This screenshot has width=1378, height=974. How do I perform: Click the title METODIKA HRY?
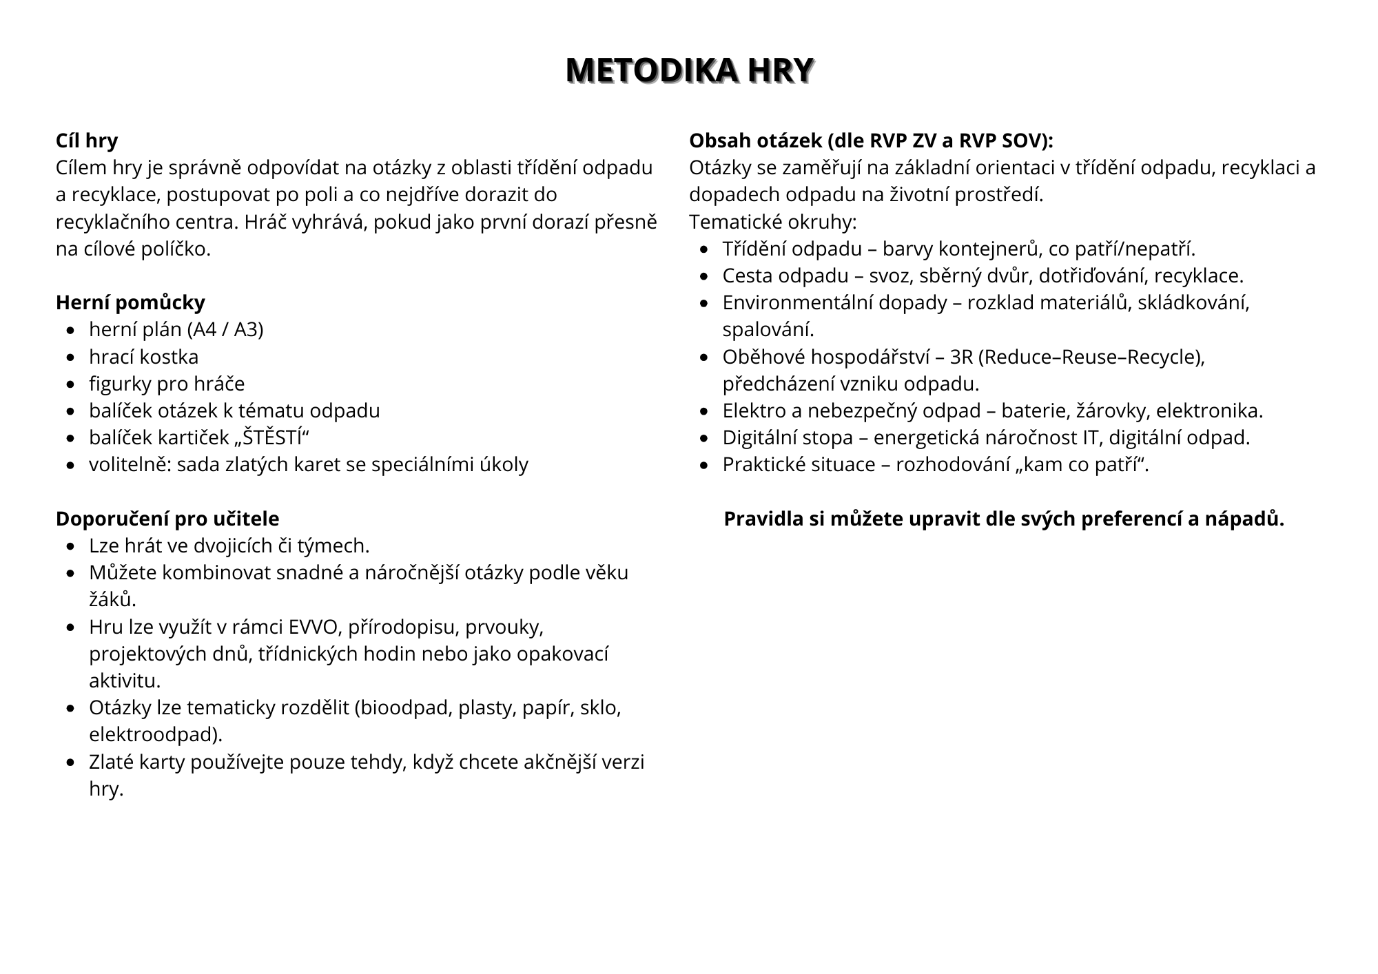[689, 71]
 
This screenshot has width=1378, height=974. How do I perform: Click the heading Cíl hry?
[87, 141]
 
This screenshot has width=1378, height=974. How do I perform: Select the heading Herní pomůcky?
[130, 302]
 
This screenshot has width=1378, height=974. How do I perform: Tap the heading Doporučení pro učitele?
[167, 519]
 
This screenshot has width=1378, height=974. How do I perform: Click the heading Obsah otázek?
[871, 141]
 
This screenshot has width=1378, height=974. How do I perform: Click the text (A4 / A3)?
[225, 329]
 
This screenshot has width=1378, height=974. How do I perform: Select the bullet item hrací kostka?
[143, 357]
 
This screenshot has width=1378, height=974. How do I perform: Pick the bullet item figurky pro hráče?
[167, 384]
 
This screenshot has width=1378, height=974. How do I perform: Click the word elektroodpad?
[156, 735]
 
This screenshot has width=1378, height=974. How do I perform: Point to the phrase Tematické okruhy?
[773, 222]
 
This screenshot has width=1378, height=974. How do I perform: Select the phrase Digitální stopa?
[788, 437]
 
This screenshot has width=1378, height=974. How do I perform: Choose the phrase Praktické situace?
[799, 465]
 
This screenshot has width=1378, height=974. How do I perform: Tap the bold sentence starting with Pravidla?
[1004, 519]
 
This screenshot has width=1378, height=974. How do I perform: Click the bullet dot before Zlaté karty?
[71, 763]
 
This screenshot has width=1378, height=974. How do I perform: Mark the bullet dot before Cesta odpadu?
[704, 276]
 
